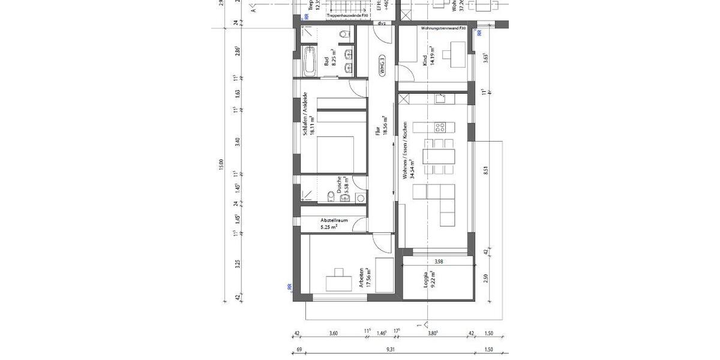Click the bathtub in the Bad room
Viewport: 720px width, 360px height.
click(310, 61)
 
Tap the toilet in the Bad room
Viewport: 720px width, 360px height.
click(344, 35)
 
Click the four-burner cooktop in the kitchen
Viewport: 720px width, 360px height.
click(440, 127)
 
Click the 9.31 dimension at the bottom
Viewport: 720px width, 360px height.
click(391, 349)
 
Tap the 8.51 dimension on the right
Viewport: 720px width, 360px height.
click(485, 170)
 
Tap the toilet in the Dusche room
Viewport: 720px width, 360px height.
click(331, 196)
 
